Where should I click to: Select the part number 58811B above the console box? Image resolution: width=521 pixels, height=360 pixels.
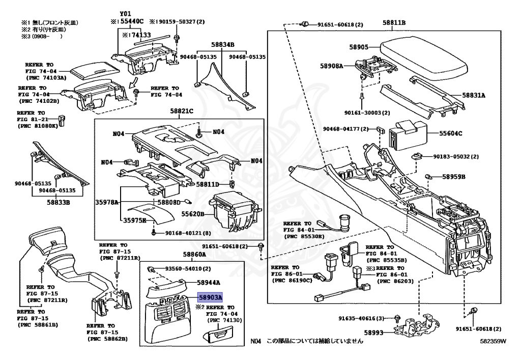point(394,22)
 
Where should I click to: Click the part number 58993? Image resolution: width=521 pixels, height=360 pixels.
point(374,333)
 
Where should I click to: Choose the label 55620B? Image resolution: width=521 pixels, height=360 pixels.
point(193,214)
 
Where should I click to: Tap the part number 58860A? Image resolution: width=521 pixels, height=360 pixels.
point(194,254)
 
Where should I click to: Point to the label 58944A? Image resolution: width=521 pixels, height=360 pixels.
point(194,282)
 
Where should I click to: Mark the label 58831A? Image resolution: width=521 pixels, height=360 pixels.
point(474,95)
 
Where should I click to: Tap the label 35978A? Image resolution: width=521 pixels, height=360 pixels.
point(106,202)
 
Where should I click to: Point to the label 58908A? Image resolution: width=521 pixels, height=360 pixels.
point(332,66)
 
